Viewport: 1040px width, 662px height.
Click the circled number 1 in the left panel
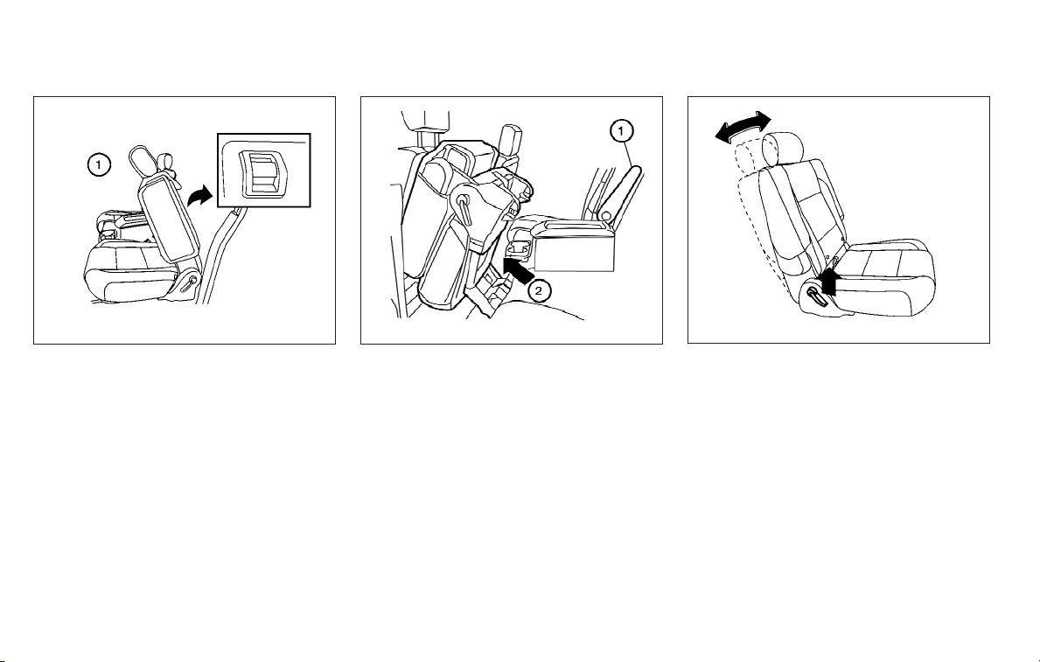(99, 164)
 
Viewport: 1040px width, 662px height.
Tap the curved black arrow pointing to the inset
(199, 196)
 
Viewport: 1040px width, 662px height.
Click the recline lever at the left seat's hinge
(190, 282)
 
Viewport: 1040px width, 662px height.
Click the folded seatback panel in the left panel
(169, 219)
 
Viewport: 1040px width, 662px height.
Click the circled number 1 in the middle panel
(621, 131)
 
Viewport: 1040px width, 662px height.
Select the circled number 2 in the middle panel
(539, 289)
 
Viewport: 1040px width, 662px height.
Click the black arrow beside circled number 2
(518, 268)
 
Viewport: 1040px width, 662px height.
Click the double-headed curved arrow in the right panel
(743, 126)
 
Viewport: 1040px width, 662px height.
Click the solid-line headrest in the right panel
(784, 147)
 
